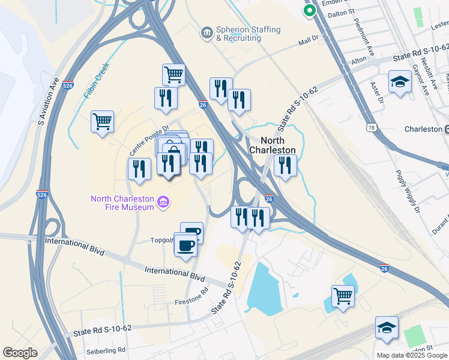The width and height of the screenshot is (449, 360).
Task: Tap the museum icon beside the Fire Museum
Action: click(162, 204)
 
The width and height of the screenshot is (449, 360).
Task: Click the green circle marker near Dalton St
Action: click(309, 10)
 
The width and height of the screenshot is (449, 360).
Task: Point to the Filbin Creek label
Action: click(95, 80)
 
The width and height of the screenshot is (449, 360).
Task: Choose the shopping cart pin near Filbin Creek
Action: click(103, 121)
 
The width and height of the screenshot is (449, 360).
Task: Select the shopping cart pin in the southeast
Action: click(343, 295)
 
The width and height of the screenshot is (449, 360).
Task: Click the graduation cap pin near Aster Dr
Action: click(400, 81)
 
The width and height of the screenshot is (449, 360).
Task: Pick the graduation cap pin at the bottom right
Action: click(387, 327)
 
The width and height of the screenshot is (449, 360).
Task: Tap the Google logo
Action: click(20, 353)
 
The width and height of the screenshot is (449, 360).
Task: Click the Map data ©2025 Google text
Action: click(412, 355)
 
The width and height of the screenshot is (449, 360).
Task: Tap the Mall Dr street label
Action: click(312, 43)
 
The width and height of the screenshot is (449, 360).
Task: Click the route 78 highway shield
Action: click(372, 128)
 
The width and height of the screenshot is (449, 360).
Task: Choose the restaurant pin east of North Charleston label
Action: click(285, 165)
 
